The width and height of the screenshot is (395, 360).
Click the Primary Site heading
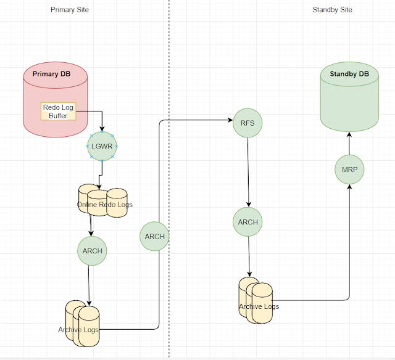pos(70,10)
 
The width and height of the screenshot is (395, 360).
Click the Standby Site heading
pos(332,10)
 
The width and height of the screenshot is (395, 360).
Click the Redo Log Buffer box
pos(58,111)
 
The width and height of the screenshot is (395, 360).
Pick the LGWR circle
pos(102,146)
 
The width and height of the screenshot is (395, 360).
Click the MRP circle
pos(349,170)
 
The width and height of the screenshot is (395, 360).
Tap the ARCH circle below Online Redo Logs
pos(92,251)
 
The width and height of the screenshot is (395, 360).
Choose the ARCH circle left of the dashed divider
pos(154,236)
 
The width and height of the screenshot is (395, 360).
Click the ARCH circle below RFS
pos(248,222)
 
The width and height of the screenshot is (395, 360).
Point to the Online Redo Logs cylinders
pos(103,202)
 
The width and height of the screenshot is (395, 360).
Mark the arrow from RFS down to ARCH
pos(248,173)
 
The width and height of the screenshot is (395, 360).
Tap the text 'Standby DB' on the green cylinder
pos(349,75)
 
